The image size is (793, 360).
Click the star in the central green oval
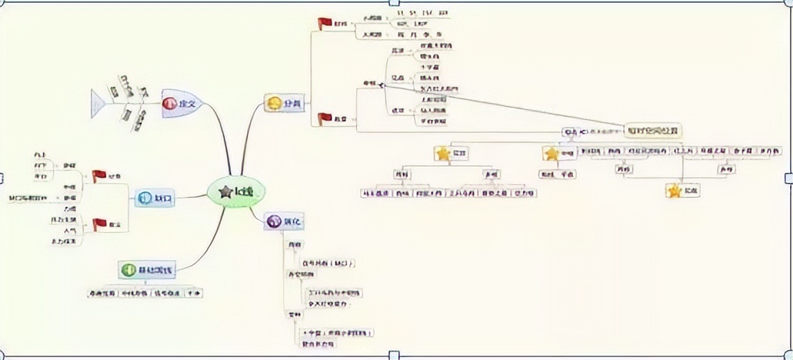pyautogui.click(x=226, y=191)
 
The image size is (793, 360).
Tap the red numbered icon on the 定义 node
pyautogui.click(x=169, y=104)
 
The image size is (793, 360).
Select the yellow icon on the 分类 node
pyautogui.click(x=274, y=104)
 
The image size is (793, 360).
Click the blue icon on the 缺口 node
pyautogui.click(x=144, y=198)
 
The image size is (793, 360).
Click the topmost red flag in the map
pyautogui.click(x=325, y=23)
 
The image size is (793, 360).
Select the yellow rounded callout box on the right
pyautogui.click(x=652, y=131)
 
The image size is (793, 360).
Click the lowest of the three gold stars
pyautogui.click(x=674, y=191)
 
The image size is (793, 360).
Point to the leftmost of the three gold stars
pyautogui.click(x=443, y=153)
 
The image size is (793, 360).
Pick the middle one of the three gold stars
pyautogui.click(x=551, y=153)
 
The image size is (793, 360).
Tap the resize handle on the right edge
pyautogui.click(x=789, y=177)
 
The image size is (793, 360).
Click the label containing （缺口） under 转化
pyautogui.click(x=328, y=263)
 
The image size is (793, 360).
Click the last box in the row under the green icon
pyautogui.click(x=192, y=293)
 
